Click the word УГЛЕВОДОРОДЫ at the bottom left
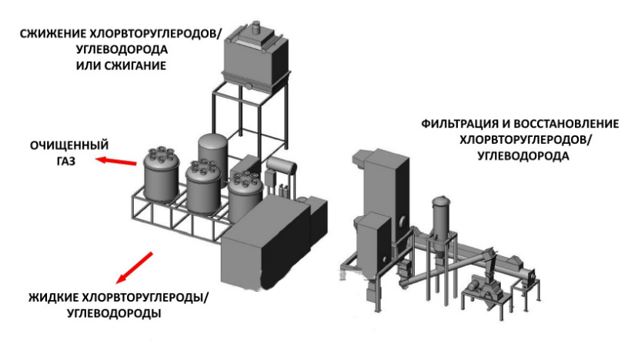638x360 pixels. tap(114, 314)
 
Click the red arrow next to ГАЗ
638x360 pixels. tap(116, 161)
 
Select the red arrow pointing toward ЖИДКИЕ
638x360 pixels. tap(134, 268)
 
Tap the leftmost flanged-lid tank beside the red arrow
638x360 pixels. tap(162, 176)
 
